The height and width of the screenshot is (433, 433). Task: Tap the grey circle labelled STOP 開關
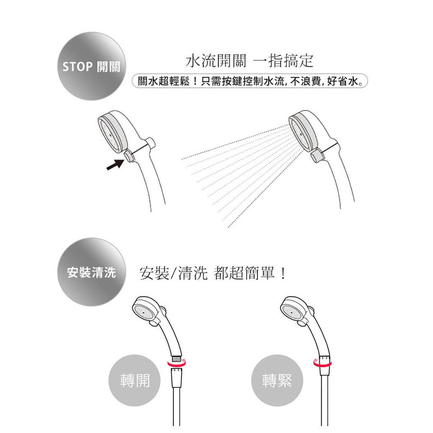click(92, 66)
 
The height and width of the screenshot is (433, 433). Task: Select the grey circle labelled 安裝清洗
click(92, 272)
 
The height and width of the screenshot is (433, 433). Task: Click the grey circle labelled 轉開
click(134, 381)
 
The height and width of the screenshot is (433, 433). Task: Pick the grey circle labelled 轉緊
click(277, 381)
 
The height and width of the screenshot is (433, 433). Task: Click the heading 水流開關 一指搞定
click(249, 61)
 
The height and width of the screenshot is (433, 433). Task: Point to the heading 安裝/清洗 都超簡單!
click(212, 273)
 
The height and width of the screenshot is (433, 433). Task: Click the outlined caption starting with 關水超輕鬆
click(250, 81)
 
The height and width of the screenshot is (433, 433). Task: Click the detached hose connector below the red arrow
click(176, 378)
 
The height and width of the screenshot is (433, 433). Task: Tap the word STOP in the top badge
click(77, 67)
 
